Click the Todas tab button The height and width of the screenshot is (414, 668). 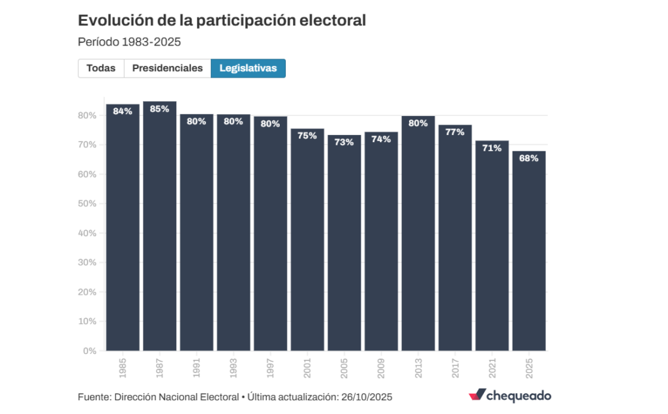tap(100, 68)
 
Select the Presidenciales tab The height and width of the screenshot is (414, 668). tap(168, 68)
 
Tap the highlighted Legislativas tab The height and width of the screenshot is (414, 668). tap(248, 68)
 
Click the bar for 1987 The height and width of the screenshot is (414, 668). tap(160, 228)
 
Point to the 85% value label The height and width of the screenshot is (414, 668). tap(160, 109)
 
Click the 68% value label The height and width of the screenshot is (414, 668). tap(529, 158)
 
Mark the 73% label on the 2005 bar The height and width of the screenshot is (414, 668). tap(344, 142)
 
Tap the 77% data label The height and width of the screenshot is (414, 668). tap(455, 132)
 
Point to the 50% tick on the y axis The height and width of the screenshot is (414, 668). tap(87, 204)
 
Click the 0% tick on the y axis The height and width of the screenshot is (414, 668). tap(90, 351)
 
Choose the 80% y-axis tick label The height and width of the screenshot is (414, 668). tap(87, 115)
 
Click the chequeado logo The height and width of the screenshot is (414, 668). tap(509, 396)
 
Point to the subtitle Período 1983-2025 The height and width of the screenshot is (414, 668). tap(129, 42)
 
